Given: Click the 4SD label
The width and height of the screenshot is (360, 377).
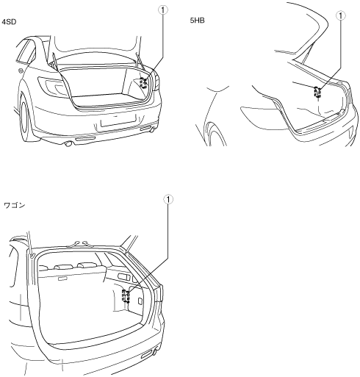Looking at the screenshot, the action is [9, 22].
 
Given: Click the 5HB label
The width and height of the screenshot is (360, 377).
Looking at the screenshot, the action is [197, 21].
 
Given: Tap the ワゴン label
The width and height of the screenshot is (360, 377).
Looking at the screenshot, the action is [15, 205].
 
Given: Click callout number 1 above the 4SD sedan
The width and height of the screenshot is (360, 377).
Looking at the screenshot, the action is [163, 10].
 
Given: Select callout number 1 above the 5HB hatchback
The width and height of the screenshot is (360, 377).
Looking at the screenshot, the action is [341, 15].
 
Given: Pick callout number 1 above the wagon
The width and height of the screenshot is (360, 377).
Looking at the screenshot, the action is [168, 200].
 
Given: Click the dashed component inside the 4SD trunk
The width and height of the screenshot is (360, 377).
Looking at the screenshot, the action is [143, 82].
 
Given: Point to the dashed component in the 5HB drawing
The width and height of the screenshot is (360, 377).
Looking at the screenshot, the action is [317, 92].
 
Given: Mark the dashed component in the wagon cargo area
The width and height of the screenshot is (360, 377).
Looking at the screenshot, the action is [126, 296].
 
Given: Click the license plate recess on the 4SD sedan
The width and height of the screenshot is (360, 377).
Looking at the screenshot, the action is [118, 121].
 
